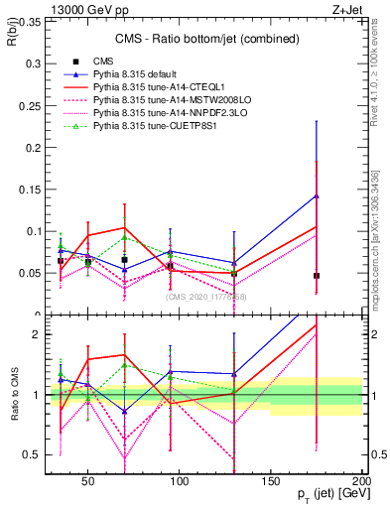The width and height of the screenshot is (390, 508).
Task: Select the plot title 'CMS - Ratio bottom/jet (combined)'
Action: (198, 34)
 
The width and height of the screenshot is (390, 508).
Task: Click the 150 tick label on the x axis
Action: (271, 481)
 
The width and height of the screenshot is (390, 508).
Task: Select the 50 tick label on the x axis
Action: (88, 481)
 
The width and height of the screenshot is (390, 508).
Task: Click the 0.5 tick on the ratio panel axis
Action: (29, 455)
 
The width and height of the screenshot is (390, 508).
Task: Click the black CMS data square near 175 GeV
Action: (316, 275)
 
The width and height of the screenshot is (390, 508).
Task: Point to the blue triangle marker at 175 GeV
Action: (316, 196)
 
